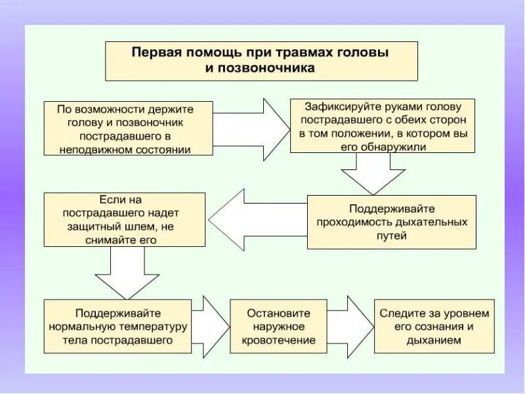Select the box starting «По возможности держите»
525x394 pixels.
[x=129, y=128]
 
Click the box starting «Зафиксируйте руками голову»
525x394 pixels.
[x=383, y=126]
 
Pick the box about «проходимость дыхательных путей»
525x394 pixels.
[x=392, y=222]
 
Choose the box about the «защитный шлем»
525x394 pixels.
[x=124, y=219]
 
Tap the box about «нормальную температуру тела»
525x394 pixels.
[x=117, y=327]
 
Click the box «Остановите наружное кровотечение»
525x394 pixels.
[x=278, y=327]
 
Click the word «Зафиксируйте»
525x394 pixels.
[x=336, y=106]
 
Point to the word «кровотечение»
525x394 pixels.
[x=278, y=341]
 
